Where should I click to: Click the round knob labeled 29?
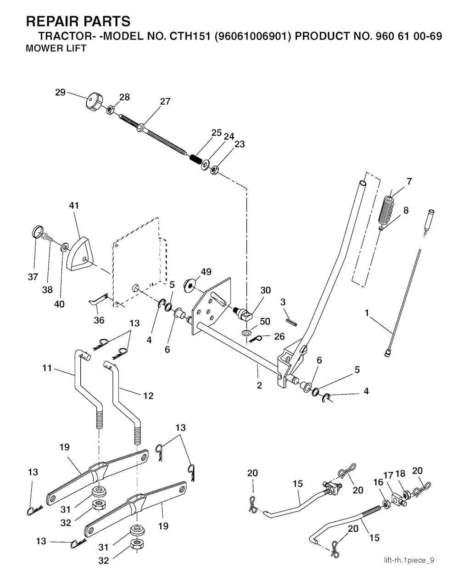coord(94,101)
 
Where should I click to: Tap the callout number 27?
coord(165,101)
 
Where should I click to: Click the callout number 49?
coord(206,272)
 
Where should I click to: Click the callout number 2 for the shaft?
coord(259,385)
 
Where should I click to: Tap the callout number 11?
coord(47,368)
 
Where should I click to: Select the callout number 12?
coord(148,395)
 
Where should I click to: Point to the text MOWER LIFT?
coord(56,49)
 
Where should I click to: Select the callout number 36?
coord(99,320)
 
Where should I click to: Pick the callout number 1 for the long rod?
coord(367,313)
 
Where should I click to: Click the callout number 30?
coord(265,290)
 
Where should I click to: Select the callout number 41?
coord(74,206)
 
